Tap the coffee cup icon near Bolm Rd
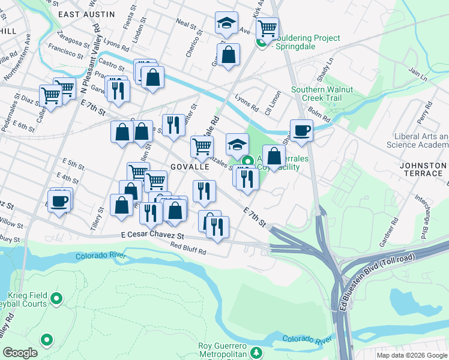[x=301, y=130]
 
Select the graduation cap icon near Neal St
[x=226, y=24]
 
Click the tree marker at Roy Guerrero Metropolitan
[x=257, y=352]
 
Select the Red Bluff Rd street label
[x=188, y=248]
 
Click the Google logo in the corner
[x=20, y=352]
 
